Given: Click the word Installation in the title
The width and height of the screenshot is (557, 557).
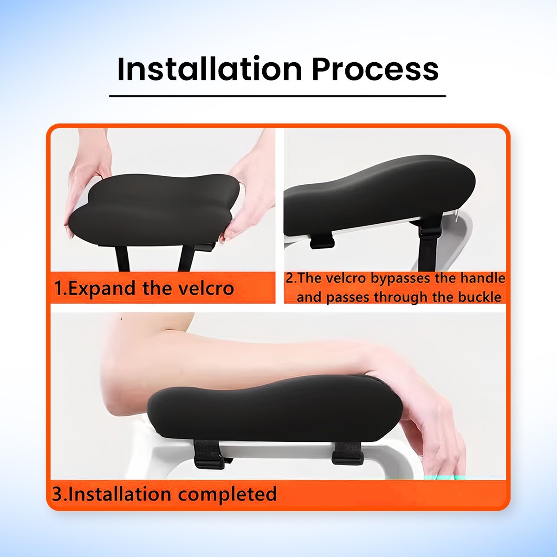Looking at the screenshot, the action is [209, 70].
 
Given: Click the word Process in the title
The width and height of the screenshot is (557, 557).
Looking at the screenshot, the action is [375, 70].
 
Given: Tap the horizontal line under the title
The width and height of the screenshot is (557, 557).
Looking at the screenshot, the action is [278, 96].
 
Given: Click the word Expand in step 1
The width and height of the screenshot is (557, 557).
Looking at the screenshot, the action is [102, 289].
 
